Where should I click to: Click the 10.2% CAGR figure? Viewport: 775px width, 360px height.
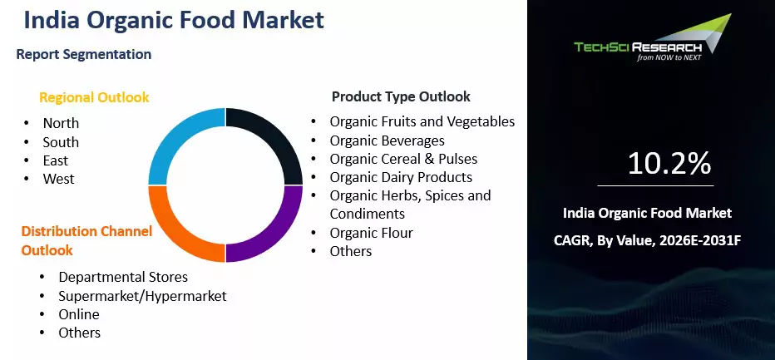coord(669,163)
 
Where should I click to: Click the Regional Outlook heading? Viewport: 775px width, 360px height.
coord(94,97)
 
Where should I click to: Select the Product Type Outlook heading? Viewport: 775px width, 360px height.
coord(401,96)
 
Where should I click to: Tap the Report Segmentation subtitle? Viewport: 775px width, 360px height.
coord(83,54)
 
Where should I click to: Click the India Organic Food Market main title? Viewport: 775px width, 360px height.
coord(174,21)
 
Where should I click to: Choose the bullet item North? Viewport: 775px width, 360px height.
coord(61,123)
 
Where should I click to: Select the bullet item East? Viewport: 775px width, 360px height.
coord(56,160)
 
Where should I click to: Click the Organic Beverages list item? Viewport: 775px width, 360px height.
coord(387,141)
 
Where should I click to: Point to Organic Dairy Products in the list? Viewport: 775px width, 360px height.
coord(401,177)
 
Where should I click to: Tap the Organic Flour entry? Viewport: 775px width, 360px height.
coord(371,233)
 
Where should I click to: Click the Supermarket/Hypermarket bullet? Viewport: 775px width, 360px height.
coord(142,296)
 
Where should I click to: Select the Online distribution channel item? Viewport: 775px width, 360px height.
coord(79,314)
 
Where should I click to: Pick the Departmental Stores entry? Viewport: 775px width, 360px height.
coord(123,277)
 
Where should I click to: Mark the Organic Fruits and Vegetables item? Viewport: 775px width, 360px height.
coord(422,121)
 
